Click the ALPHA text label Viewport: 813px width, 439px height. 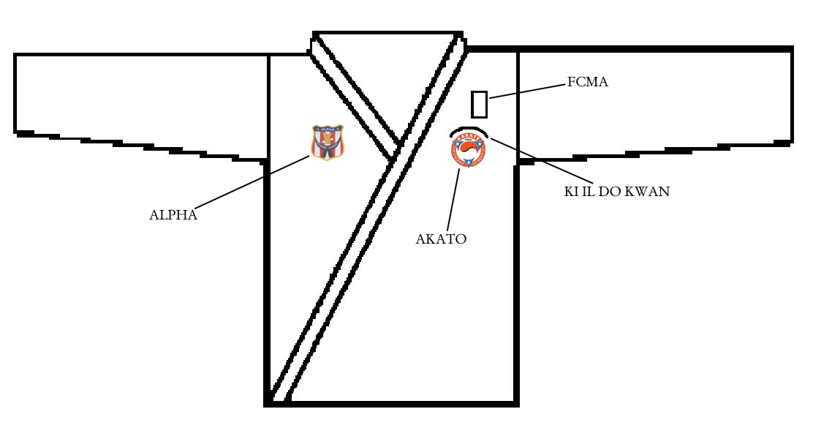[173, 215]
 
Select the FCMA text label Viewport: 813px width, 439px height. [587, 82]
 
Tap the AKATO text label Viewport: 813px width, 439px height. [441, 239]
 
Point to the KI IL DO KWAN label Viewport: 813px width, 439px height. [616, 192]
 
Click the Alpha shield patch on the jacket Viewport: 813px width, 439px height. [327, 142]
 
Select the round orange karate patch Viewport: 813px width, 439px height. [469, 151]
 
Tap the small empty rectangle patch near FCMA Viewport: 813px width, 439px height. [479, 104]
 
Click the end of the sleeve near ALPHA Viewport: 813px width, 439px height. [16, 93]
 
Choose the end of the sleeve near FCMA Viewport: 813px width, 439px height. [792, 95]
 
